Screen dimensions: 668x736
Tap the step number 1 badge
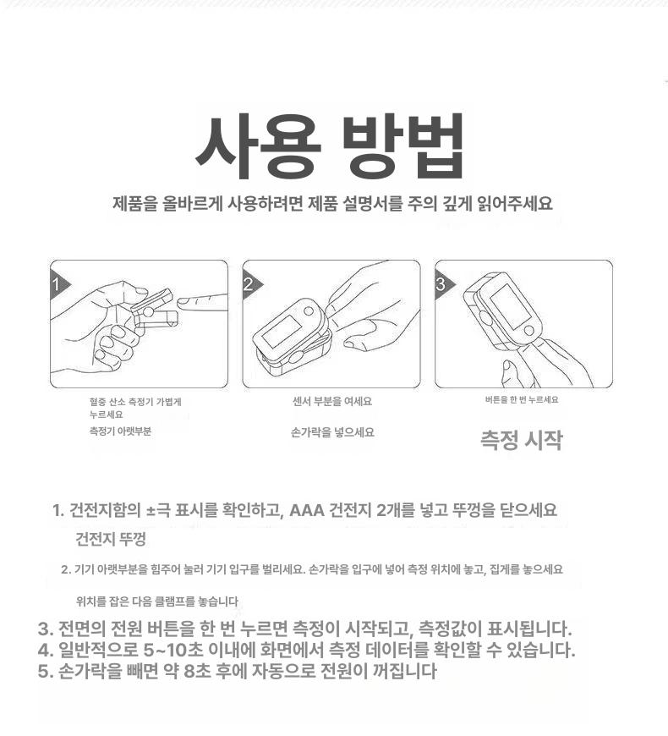[58, 284]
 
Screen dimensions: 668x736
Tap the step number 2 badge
[250, 284]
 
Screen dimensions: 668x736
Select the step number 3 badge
[443, 284]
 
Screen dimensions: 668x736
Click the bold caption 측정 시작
[521, 440]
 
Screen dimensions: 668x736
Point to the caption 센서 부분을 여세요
[332, 401]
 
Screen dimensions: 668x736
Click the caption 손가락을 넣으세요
[332, 432]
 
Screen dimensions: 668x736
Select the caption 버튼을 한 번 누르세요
[522, 399]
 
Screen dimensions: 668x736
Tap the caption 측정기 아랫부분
[121, 431]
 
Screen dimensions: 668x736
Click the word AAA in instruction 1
[307, 510]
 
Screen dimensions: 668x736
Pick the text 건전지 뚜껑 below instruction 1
[111, 538]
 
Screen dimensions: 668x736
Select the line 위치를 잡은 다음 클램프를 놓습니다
[157, 601]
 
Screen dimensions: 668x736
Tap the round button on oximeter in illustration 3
[528, 330]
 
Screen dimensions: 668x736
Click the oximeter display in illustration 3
[507, 305]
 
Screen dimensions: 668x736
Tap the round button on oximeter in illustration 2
[309, 310]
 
